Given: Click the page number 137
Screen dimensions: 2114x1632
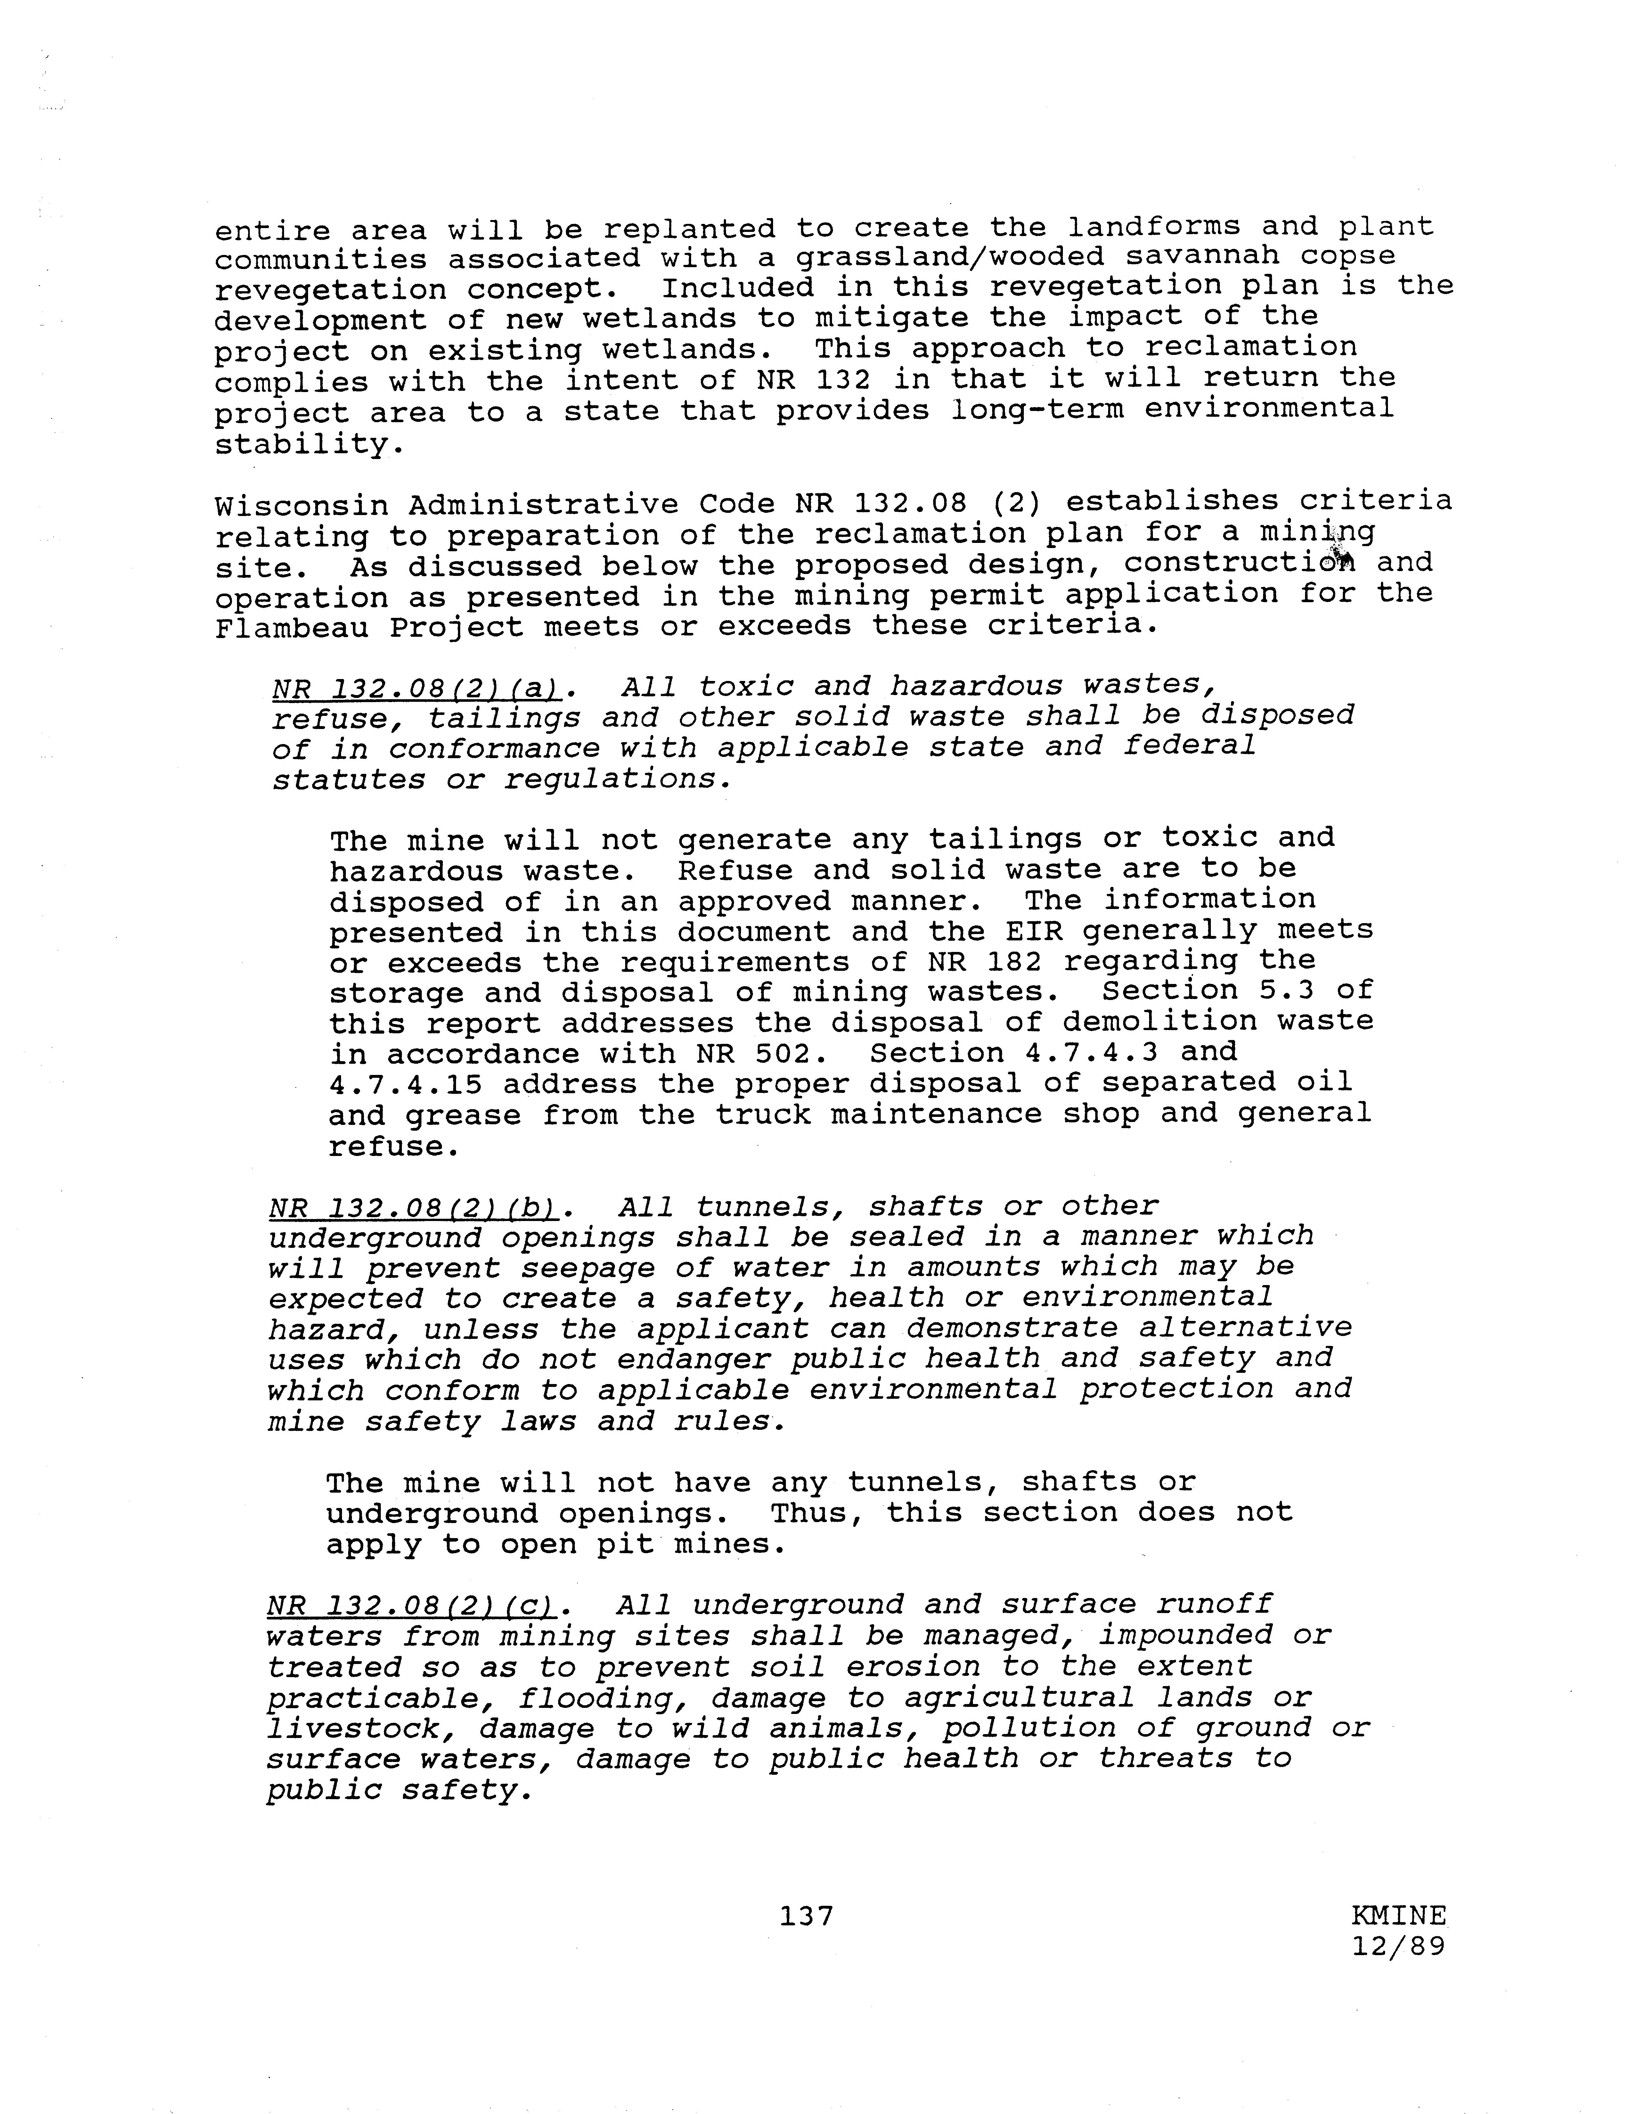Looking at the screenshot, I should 806,1914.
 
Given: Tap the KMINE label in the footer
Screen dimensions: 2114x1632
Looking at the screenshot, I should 1398,1914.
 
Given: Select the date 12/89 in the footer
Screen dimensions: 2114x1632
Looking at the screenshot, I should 1398,1946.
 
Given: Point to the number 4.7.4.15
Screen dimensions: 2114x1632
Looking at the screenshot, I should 405,1084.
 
